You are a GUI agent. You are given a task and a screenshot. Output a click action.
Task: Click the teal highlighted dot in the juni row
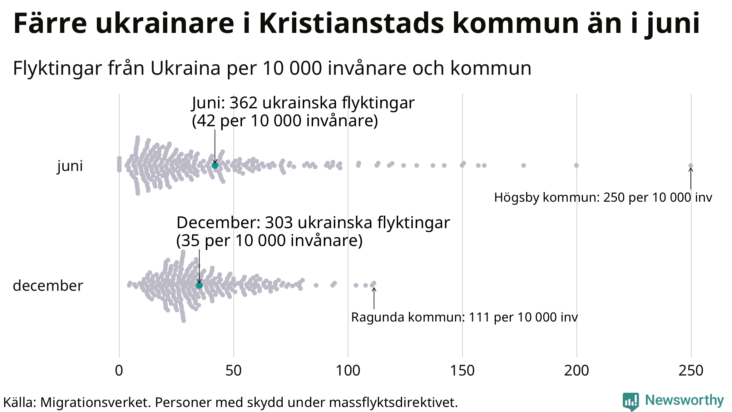click(215, 165)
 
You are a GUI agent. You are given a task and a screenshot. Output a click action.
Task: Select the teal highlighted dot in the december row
click(199, 285)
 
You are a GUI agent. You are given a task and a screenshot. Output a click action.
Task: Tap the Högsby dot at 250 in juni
click(691, 165)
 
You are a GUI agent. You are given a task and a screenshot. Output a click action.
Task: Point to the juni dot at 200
click(576, 165)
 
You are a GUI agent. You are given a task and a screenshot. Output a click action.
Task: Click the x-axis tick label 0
click(119, 371)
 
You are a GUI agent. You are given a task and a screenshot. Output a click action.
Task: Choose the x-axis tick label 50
click(233, 371)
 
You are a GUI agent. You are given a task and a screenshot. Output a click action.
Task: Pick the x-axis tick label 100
click(348, 371)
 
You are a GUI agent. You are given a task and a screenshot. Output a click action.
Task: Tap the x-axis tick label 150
click(462, 371)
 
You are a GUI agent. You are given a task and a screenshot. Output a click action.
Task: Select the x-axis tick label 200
click(577, 371)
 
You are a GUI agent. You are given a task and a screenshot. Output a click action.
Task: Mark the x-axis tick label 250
click(691, 371)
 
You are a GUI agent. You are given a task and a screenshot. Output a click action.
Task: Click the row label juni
click(70, 166)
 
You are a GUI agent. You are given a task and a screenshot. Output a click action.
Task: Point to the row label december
click(48, 286)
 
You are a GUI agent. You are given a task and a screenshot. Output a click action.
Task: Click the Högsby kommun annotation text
click(603, 197)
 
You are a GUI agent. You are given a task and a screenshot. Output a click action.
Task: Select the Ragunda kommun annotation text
click(464, 317)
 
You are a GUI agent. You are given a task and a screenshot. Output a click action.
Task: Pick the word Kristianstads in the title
click(351, 24)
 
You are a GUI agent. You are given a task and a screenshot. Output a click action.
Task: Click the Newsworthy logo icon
click(630, 402)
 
